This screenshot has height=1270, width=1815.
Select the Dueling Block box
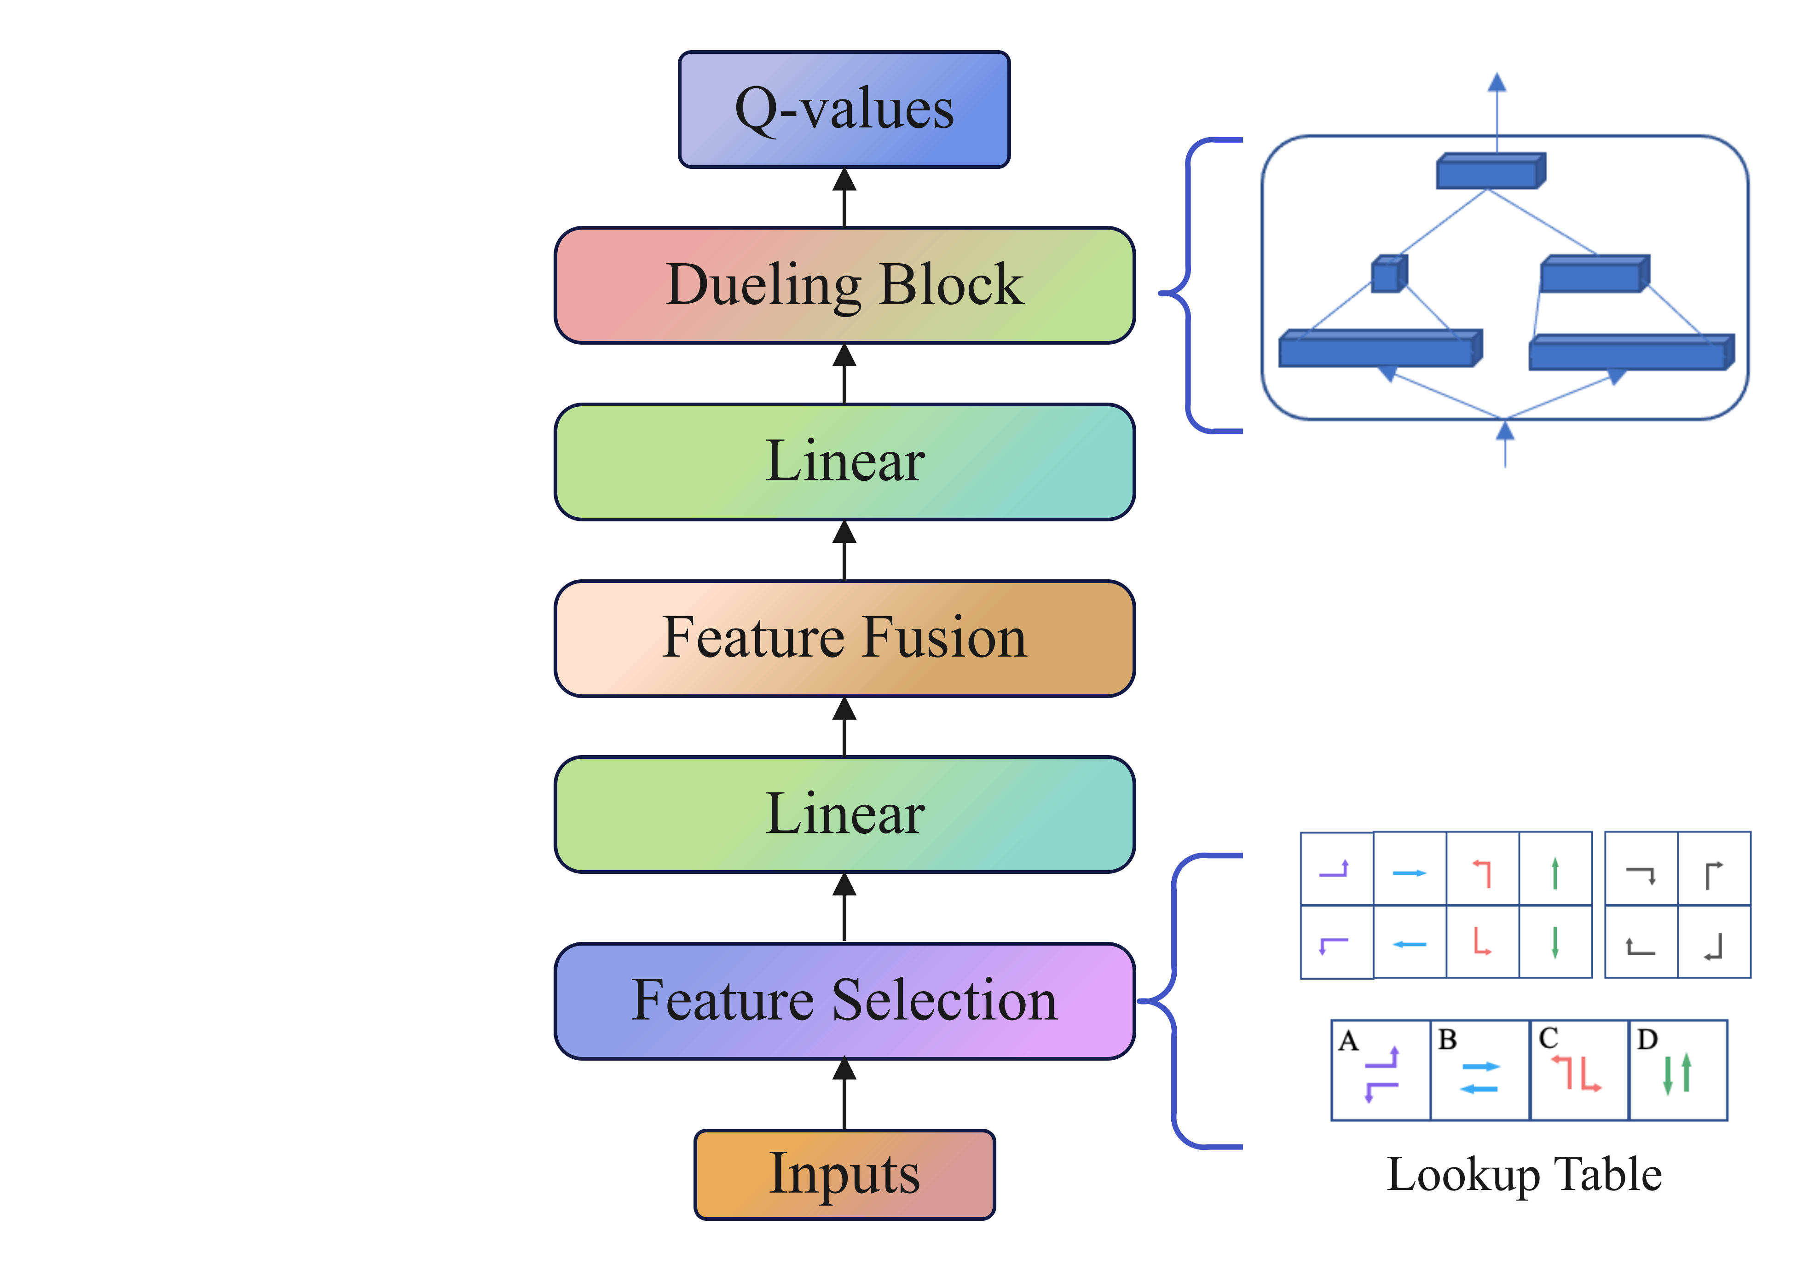point(844,285)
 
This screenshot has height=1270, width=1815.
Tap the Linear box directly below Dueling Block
point(844,462)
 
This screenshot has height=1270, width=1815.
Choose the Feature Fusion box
point(844,638)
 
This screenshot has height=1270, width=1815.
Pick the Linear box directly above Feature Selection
point(844,814)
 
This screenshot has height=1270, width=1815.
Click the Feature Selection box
point(844,1000)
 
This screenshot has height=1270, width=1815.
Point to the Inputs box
point(844,1174)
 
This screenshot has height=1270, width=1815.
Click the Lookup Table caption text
point(1524,1174)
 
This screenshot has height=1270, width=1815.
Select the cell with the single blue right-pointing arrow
point(1410,869)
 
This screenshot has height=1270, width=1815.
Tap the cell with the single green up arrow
point(1555,869)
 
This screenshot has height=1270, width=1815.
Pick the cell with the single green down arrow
point(1555,942)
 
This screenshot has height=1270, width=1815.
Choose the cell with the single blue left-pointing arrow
point(1410,942)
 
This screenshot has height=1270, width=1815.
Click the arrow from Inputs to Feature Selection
point(844,1095)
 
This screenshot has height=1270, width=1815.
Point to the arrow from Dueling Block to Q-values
point(844,197)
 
